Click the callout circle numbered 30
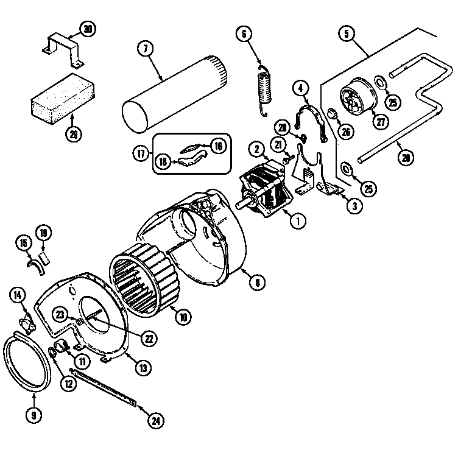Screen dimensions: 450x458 coord(88,29)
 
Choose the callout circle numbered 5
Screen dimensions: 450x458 coord(347,33)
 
